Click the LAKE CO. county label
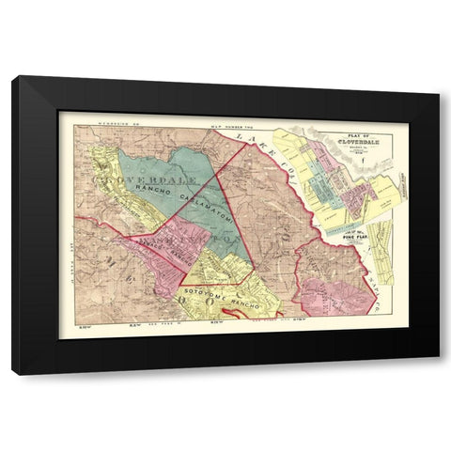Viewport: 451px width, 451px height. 267,153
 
